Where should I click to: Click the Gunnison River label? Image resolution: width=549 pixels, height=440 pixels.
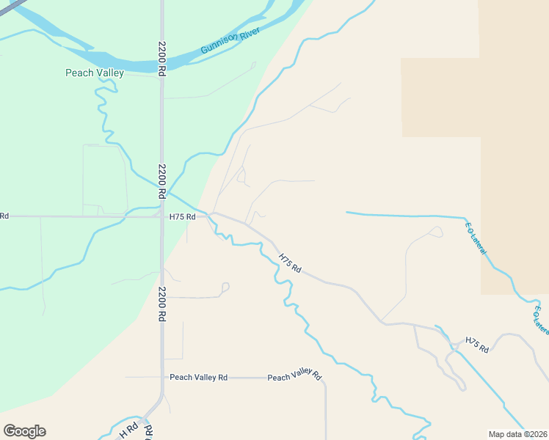coord(230,41)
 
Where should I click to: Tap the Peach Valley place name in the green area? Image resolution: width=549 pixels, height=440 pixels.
coord(95,73)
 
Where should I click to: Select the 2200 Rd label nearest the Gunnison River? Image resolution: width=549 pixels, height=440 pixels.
coord(162,58)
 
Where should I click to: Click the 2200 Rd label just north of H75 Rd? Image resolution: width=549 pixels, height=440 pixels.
coord(161,182)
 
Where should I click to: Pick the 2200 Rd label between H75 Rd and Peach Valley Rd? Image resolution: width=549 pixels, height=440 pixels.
coord(161,304)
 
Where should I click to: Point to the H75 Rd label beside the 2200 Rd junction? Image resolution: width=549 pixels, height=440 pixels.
coord(183,217)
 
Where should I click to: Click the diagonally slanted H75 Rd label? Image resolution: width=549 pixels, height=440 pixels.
coord(291,263)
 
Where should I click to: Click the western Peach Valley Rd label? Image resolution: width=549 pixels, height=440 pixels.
coord(198,377)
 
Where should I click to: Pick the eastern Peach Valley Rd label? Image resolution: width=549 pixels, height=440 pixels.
coord(294,377)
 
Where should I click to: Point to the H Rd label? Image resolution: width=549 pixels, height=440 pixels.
coord(129,431)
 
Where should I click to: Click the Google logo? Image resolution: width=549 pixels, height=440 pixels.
coord(24,431)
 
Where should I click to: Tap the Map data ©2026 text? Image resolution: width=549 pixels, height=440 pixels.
coord(518,434)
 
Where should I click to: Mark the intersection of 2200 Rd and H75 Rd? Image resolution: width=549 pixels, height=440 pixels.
coord(162,216)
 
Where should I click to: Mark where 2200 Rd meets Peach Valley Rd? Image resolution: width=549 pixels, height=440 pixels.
coord(162,378)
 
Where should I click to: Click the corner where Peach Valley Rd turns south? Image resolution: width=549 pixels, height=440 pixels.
coord(324,380)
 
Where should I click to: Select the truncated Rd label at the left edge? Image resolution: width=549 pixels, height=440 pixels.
coord(4,216)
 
